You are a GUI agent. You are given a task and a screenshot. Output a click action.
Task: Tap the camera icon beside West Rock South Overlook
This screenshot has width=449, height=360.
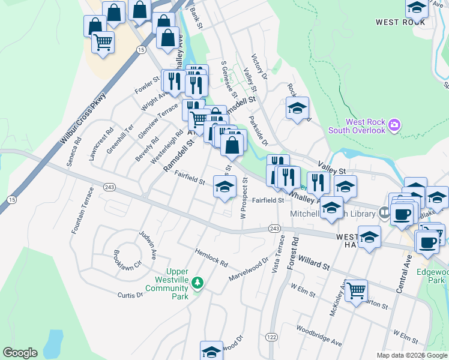(x=394, y=125)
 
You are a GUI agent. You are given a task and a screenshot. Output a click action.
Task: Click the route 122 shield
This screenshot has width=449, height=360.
(x=272, y=338)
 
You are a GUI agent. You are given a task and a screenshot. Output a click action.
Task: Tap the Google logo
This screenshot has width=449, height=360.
(x=20, y=353)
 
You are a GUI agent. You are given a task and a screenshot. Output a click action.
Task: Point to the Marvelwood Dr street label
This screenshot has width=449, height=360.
(x=249, y=270)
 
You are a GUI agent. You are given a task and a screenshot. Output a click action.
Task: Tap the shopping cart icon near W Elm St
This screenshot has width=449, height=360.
(x=356, y=291)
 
